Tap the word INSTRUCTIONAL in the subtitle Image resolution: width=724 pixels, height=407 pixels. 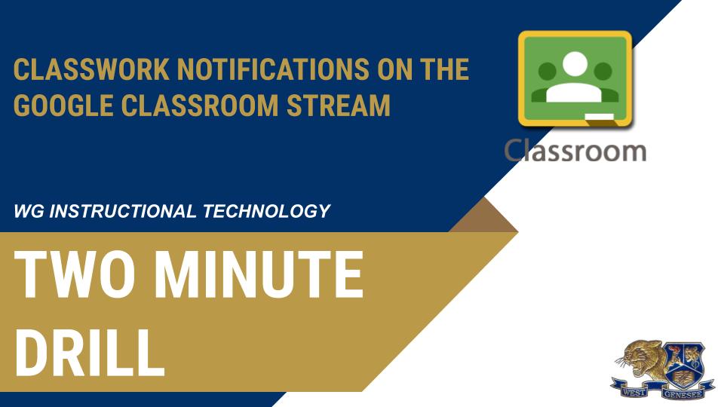(x=121, y=211)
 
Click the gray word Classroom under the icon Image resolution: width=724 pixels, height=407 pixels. (x=575, y=151)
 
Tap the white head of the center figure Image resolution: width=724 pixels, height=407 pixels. (x=575, y=65)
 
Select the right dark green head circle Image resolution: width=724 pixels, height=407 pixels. (x=603, y=72)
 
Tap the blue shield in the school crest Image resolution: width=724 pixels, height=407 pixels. (x=683, y=361)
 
